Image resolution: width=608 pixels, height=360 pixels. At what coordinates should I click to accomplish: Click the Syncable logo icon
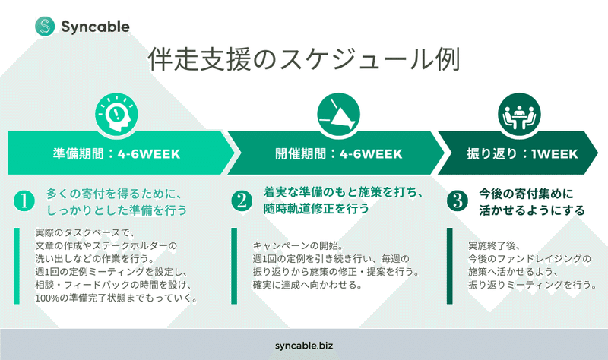(x=45, y=26)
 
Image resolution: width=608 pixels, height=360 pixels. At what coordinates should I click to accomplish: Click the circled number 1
(x=24, y=201)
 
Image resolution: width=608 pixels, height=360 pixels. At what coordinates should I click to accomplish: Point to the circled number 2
(x=241, y=201)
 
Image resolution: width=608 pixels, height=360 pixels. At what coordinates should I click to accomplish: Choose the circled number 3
(x=457, y=201)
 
